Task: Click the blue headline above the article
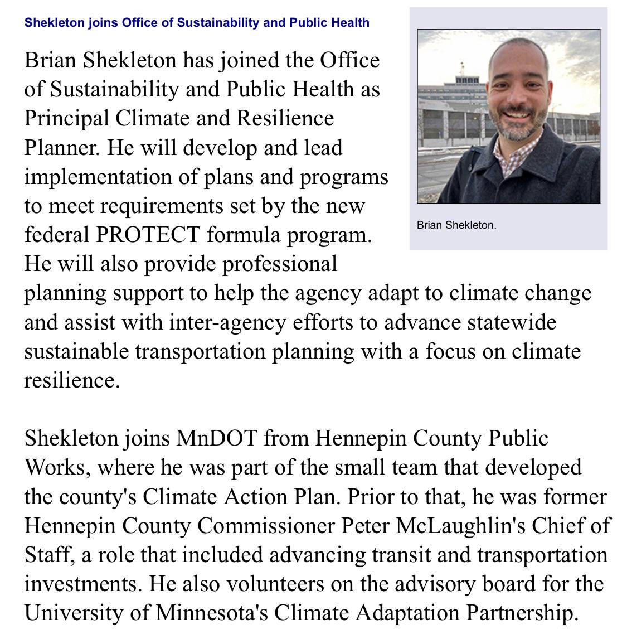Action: (197, 23)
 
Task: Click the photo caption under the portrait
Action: (456, 226)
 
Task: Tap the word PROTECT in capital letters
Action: (148, 235)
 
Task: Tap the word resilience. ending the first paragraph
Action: (72, 380)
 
